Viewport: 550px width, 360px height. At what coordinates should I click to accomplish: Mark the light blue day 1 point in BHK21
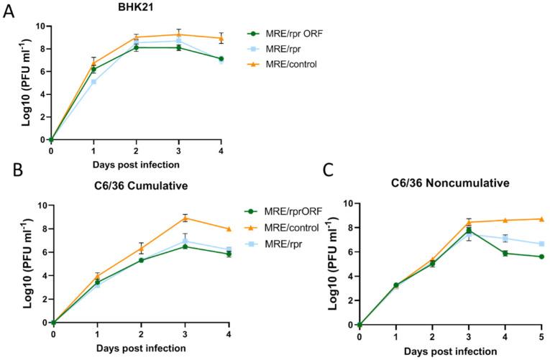tap(93, 81)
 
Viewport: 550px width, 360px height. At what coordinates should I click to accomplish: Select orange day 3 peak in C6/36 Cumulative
tap(185, 218)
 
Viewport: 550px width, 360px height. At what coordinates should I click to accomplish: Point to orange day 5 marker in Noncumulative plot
tap(541, 219)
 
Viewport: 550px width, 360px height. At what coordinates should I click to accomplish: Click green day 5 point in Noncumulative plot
tap(541, 257)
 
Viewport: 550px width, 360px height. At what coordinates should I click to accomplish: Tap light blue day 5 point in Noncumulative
tap(541, 244)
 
